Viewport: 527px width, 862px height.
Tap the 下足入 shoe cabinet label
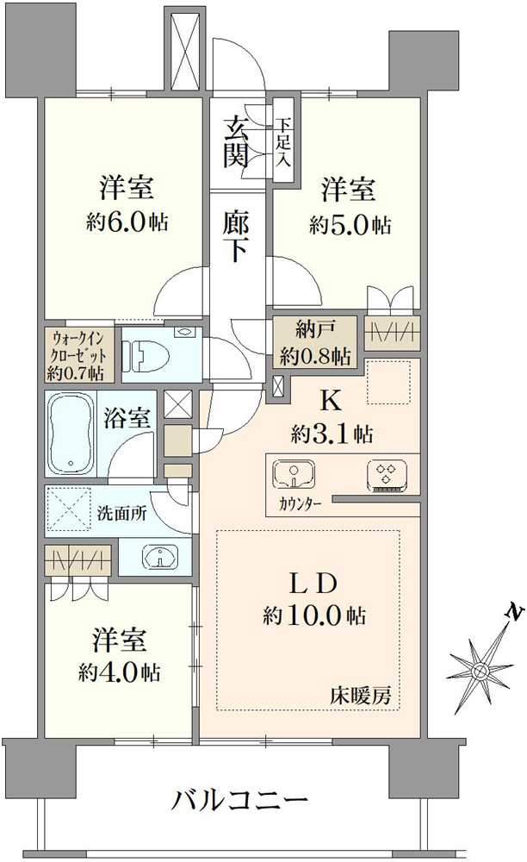[x=283, y=142]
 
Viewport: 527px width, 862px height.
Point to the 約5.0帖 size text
[x=350, y=225]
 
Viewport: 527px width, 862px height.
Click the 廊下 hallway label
[x=237, y=234]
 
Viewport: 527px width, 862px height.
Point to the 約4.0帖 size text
[x=120, y=671]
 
